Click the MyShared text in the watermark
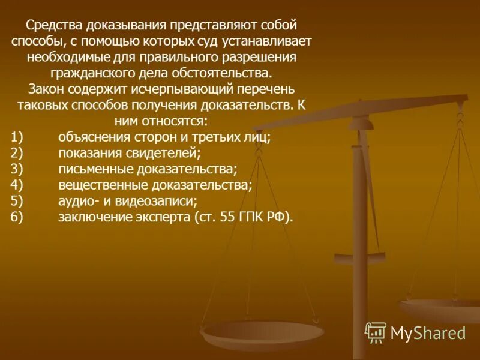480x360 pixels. point(428,333)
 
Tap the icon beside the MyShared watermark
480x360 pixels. point(376,332)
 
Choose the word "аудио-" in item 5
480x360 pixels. point(77,201)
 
